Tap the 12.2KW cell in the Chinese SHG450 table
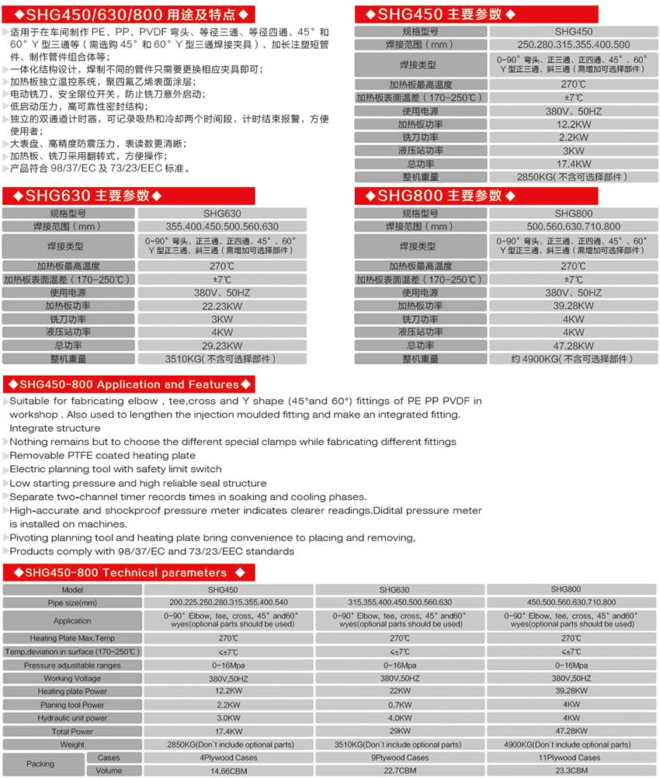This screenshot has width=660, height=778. tap(573, 124)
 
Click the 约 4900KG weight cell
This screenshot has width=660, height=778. tap(573, 359)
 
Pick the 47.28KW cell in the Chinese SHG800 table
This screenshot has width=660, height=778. tap(573, 346)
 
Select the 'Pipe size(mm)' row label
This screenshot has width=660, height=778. tap(72, 603)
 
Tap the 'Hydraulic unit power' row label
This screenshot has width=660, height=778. tap(72, 718)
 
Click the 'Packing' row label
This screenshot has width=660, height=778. tap(40, 764)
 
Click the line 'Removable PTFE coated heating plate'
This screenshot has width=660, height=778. tap(102, 455)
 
